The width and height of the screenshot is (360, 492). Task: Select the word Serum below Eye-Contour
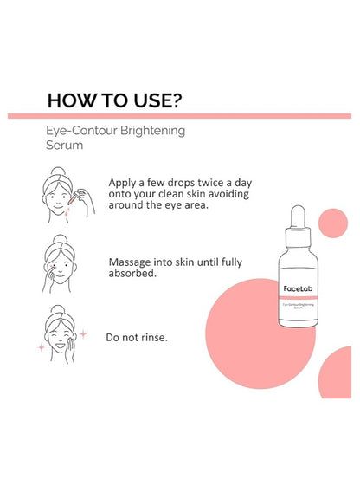click(65, 146)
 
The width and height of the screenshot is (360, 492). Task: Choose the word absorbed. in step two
click(132, 274)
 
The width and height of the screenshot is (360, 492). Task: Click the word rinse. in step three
click(154, 338)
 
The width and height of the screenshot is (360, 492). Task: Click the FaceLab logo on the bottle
click(298, 288)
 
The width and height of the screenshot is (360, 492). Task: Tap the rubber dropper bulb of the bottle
click(298, 217)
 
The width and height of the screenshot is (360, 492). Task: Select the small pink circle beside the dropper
click(333, 223)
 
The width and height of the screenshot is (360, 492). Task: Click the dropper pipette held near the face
click(75, 197)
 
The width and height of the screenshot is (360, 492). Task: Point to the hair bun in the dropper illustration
click(58, 171)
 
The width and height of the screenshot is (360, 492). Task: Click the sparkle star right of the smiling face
click(83, 333)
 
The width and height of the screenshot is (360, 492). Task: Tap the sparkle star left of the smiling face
click(41, 347)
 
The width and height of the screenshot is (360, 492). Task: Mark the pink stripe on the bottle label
click(299, 297)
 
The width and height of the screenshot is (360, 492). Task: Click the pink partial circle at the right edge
click(336, 372)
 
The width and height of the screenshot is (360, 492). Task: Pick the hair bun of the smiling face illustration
click(59, 310)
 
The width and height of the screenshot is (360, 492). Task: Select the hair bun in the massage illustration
click(61, 239)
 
